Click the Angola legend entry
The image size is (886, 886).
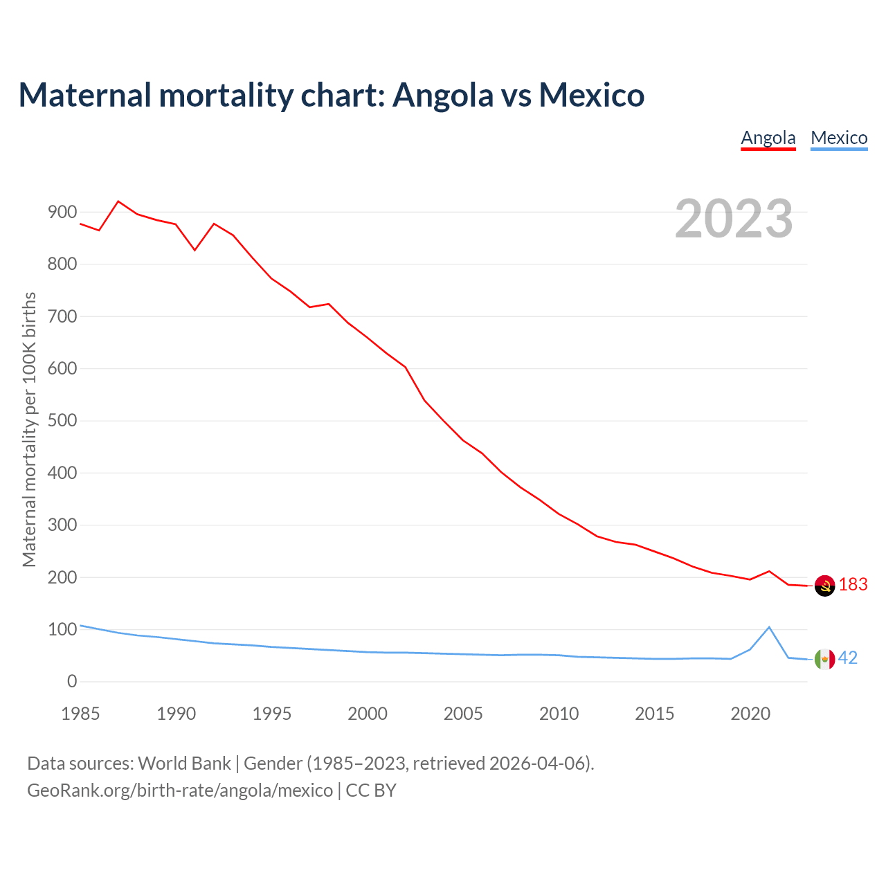768,138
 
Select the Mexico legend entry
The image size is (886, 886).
839,138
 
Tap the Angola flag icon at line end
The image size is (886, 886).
824,586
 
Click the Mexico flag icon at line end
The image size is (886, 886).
824,659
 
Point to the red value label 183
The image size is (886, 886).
853,585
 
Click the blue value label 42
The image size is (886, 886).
848,658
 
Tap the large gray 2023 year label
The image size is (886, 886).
734,219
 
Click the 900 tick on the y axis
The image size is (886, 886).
62,213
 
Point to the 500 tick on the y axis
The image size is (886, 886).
62,421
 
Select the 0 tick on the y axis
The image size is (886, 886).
72,682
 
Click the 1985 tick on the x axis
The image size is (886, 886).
80,714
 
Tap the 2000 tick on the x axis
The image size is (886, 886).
368,714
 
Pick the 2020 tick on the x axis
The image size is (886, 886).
750,714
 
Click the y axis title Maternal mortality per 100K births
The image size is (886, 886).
29,429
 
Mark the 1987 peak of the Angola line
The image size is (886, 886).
118,201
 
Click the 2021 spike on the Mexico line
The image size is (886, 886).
769,627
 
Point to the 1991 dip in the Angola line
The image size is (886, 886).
195,250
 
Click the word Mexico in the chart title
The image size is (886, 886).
592,95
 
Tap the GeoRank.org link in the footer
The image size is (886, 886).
180,790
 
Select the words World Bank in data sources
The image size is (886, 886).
184,763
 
